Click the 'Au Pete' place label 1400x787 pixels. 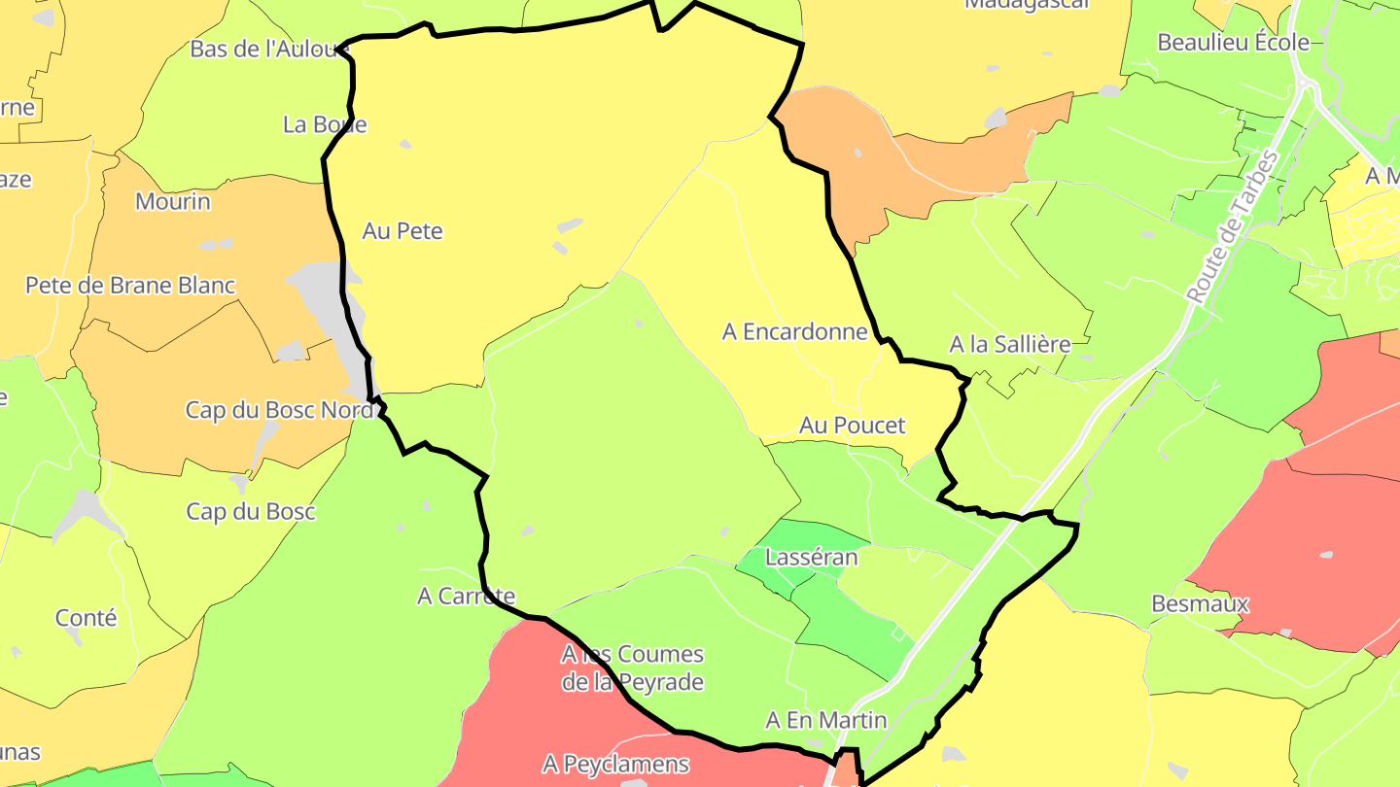tap(402, 231)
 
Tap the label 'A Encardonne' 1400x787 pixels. tap(794, 332)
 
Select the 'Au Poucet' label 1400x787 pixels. tap(852, 426)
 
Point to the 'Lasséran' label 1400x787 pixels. tap(812, 558)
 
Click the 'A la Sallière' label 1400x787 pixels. tap(1009, 345)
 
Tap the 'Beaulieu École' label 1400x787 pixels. tap(1233, 43)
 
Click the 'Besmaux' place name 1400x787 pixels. tap(1199, 604)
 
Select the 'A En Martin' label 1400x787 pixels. tap(826, 721)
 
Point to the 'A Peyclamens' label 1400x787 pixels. tap(616, 764)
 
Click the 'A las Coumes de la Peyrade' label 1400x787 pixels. tap(632, 668)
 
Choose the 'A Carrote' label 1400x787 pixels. tap(466, 597)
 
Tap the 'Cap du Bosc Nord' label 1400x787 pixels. tap(279, 411)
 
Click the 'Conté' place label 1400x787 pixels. tap(86, 618)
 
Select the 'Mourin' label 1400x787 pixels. tap(172, 202)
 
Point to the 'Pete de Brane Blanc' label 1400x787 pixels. tap(130, 286)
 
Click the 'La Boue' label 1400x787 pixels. tap(325, 124)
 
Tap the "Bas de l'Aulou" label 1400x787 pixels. tap(269, 49)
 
